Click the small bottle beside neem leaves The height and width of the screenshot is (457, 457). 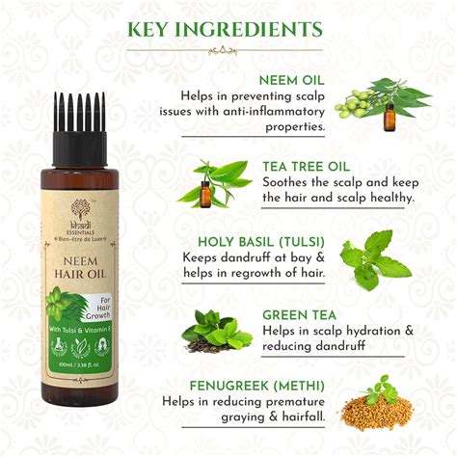click(x=390, y=117)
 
